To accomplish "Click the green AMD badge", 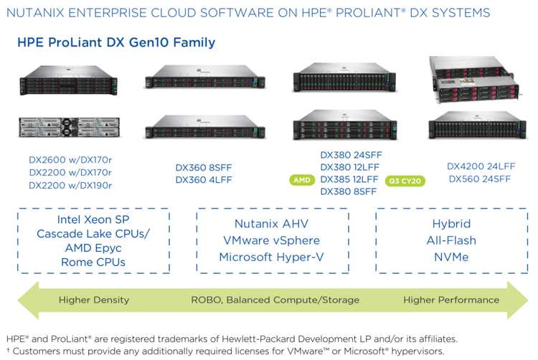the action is pyautogui.click(x=302, y=180).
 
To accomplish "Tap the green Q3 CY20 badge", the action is pyautogui.click(x=405, y=181).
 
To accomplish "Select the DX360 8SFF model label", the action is pyautogui.click(x=204, y=168).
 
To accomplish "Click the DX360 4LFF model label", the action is pyautogui.click(x=204, y=180).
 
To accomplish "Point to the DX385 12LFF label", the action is pyautogui.click(x=349, y=179).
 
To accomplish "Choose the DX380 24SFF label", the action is pyautogui.click(x=351, y=155).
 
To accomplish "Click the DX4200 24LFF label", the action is pyautogui.click(x=481, y=166).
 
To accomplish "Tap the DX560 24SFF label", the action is pyautogui.click(x=480, y=179).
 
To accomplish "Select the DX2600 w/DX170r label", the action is pyautogui.click(x=70, y=160).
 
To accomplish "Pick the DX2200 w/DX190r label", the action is pyautogui.click(x=70, y=186).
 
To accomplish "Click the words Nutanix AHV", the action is pyautogui.click(x=271, y=224).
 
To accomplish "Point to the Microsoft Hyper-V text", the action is pyautogui.click(x=271, y=257).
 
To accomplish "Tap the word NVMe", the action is pyautogui.click(x=451, y=257).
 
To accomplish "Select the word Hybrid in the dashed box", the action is pyautogui.click(x=451, y=224).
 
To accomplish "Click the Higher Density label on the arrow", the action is pyautogui.click(x=94, y=300).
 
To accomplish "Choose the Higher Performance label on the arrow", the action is pyautogui.click(x=451, y=300).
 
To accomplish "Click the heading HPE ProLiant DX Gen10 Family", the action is pyautogui.click(x=116, y=42).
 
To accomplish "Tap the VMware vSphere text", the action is pyautogui.click(x=271, y=240).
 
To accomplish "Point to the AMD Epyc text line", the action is pyautogui.click(x=93, y=248).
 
